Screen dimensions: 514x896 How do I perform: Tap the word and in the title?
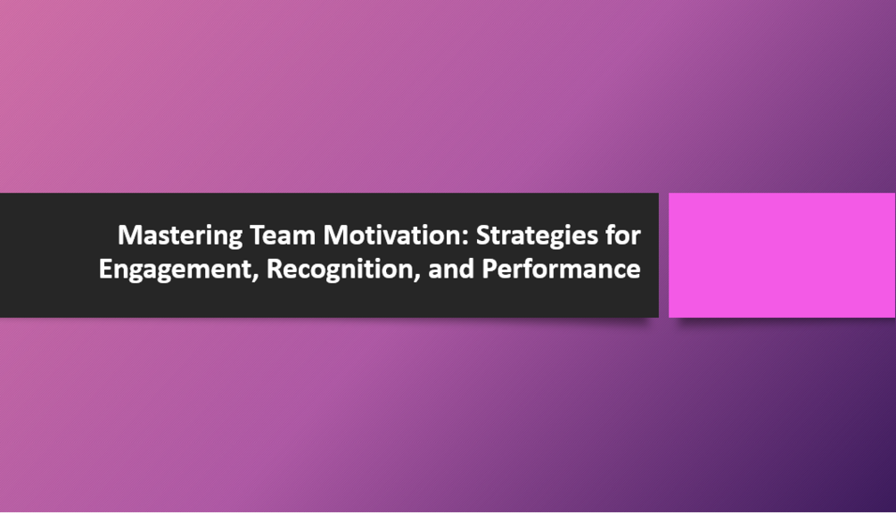tap(451, 269)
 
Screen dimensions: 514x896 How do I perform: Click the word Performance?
tap(562, 269)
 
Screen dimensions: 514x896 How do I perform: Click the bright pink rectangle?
tap(781, 255)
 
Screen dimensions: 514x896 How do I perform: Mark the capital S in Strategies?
tap(482, 236)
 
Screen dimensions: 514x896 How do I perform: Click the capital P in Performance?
tap(489, 269)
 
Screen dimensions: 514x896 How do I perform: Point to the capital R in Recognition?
tap(274, 269)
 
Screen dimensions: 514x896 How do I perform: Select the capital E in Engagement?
tap(105, 269)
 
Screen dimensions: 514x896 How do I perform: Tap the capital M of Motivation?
tap(333, 236)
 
